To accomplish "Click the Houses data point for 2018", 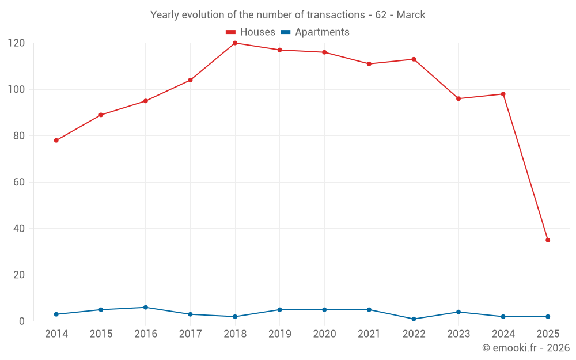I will [235, 43].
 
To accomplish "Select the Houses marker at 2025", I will [548, 240].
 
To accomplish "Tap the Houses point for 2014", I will [56, 141].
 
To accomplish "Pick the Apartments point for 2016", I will [146, 308].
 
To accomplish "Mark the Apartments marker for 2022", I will [414, 319].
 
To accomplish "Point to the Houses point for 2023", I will [458, 98].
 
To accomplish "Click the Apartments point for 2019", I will [280, 310].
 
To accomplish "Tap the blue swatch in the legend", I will [285, 32].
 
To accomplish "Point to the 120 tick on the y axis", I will [16, 43].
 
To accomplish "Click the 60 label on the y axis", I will [19, 183].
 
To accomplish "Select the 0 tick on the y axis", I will [22, 321].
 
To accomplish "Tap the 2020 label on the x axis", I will [324, 334].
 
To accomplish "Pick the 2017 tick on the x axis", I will [190, 334].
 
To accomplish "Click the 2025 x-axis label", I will [548, 334].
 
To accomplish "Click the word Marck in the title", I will [411, 15].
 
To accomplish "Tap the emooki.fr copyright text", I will [526, 348].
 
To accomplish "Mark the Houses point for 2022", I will [414, 59].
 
